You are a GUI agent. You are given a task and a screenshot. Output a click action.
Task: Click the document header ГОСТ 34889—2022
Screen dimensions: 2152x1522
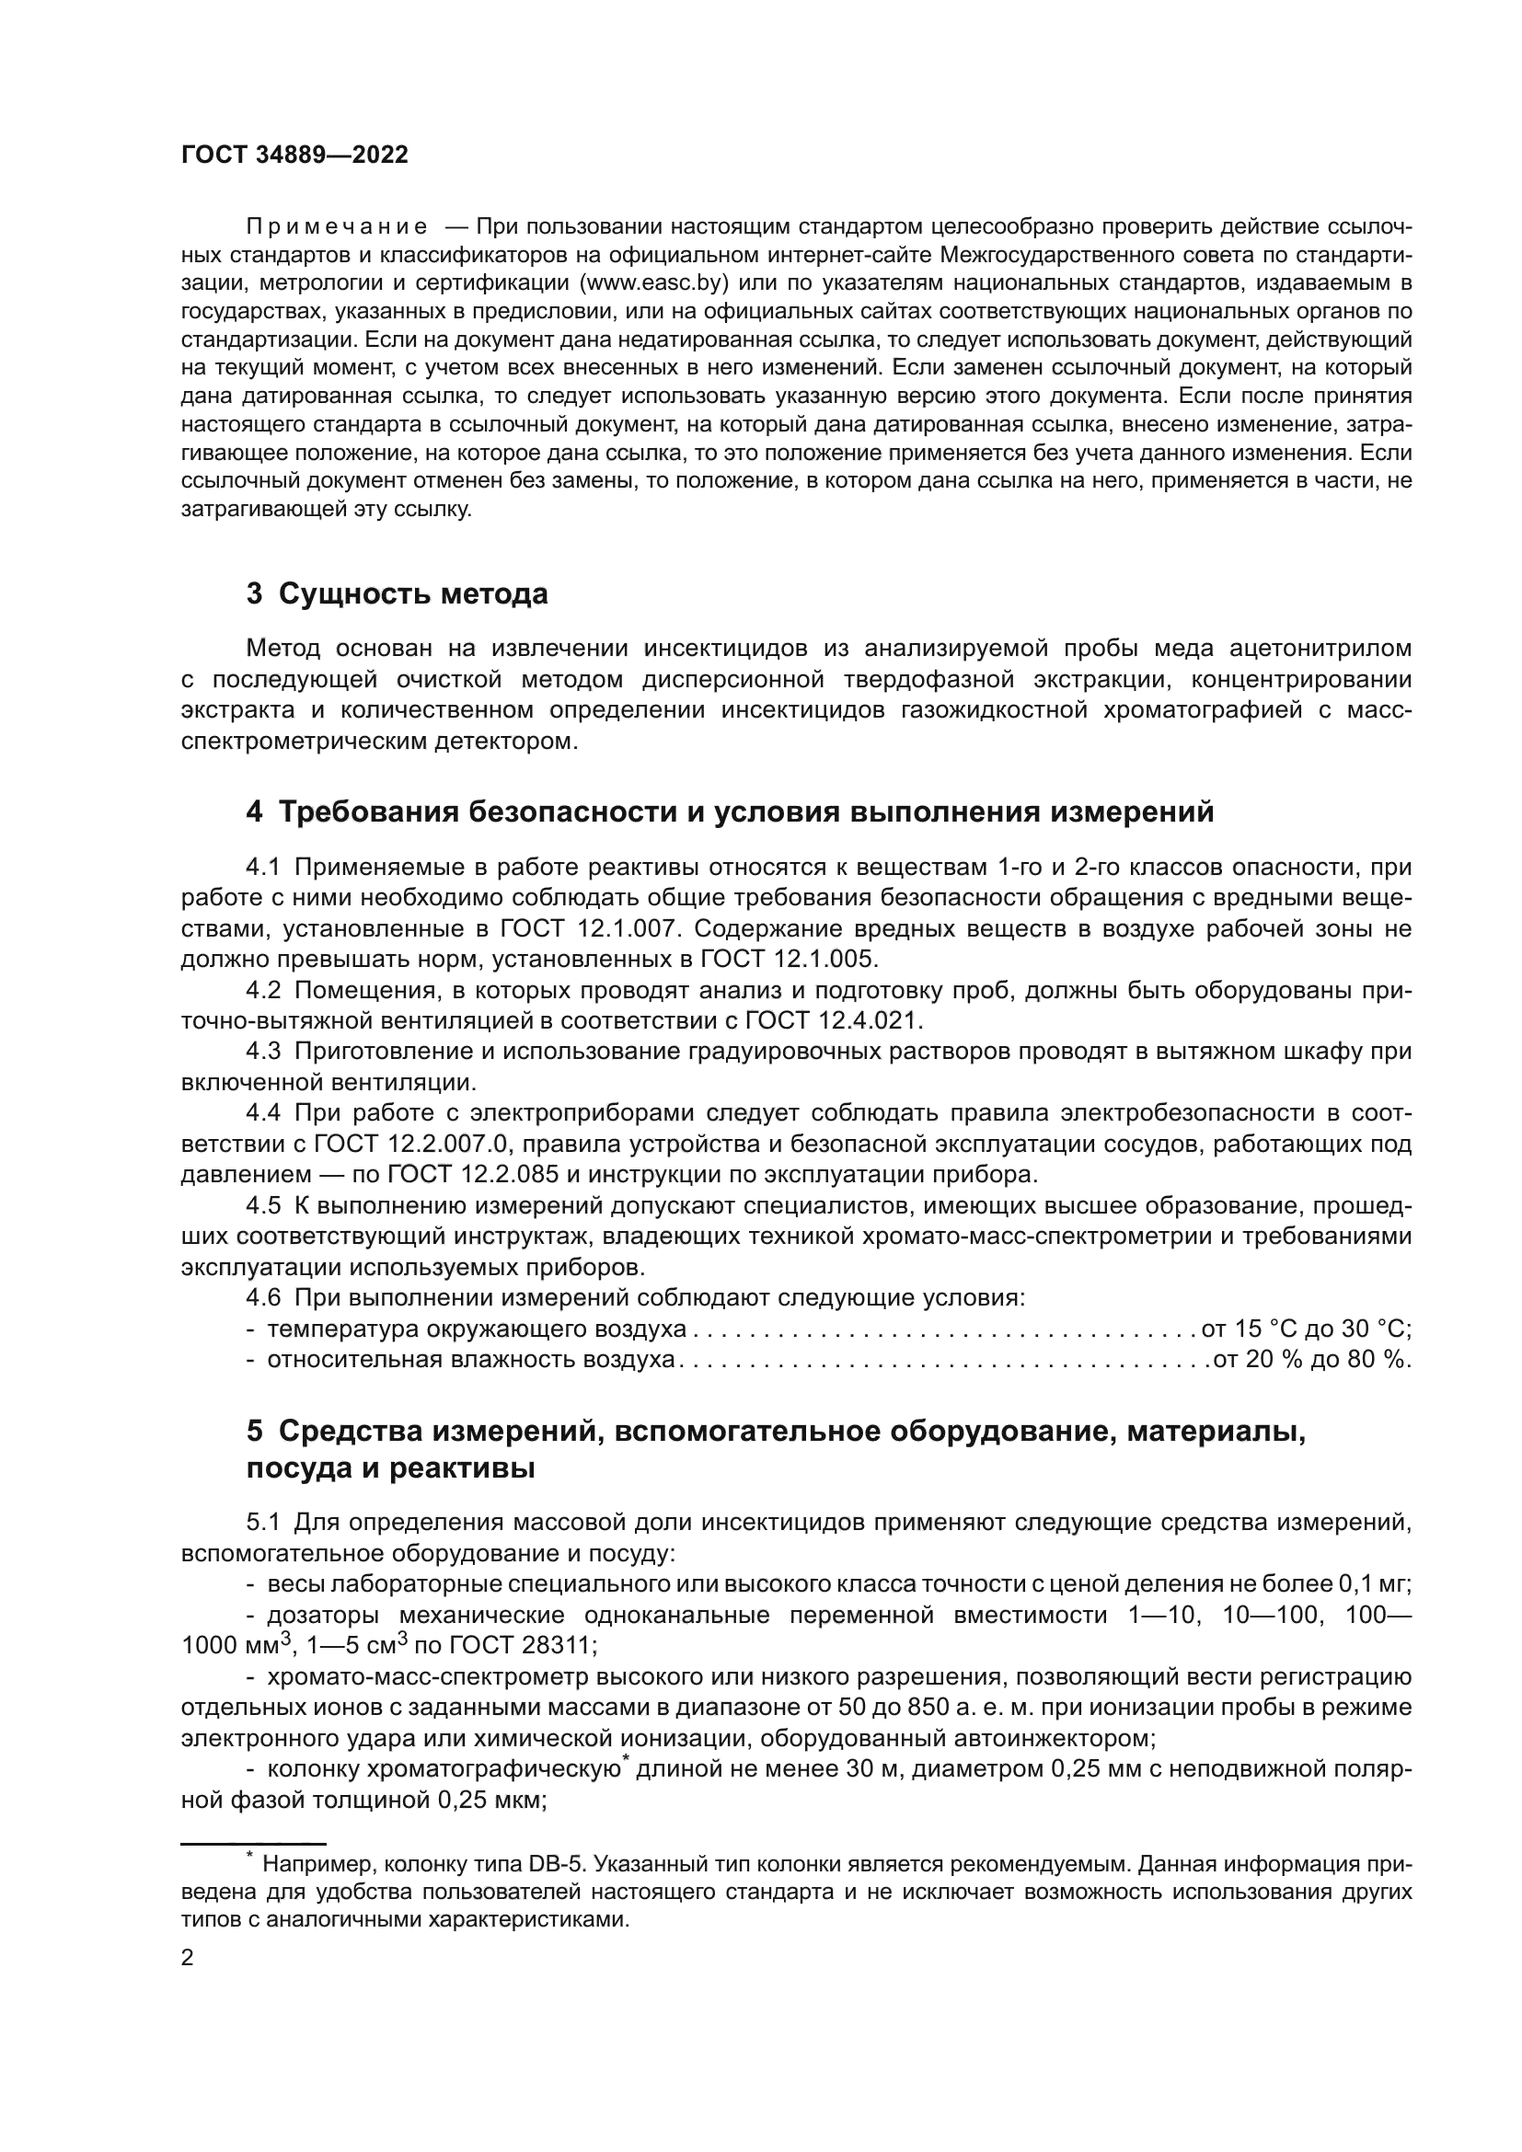[294, 155]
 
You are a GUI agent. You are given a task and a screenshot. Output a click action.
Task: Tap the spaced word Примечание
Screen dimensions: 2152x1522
[337, 227]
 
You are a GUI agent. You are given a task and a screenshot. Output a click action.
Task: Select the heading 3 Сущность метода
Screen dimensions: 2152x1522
[397, 594]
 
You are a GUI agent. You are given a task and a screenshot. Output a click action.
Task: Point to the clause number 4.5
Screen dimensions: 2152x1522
[263, 1205]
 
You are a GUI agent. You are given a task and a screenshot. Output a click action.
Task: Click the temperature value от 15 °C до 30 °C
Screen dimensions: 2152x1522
[1306, 1329]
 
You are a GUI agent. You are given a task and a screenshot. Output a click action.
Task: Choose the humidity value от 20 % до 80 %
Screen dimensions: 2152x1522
[1311, 1360]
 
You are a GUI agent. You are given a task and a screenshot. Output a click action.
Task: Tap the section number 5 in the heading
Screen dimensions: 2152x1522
[255, 1433]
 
